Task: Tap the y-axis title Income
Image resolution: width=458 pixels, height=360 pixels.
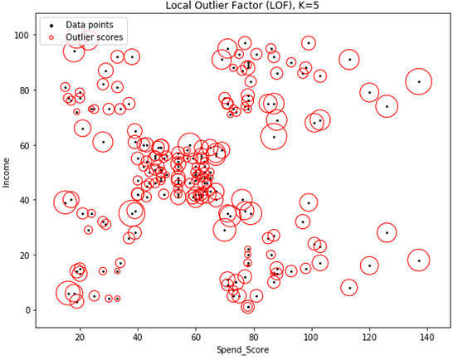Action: tap(7, 172)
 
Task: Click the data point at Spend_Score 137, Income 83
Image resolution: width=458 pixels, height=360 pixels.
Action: tap(419, 81)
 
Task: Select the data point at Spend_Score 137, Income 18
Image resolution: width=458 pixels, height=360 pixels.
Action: tap(419, 260)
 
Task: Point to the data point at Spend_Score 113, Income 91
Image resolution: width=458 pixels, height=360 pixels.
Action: tap(349, 60)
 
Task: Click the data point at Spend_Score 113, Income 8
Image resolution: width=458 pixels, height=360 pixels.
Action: tap(349, 288)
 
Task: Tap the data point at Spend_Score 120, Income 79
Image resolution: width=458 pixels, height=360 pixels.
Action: tap(370, 93)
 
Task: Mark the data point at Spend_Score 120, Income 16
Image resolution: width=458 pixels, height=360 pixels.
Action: tap(370, 266)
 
